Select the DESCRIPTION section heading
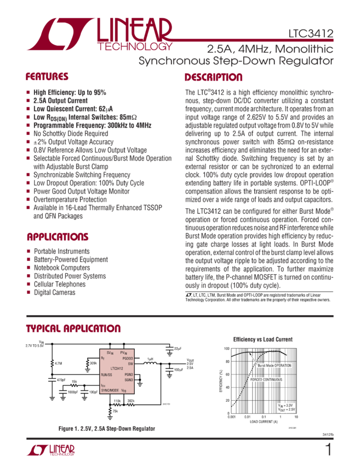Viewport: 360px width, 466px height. pos(213,77)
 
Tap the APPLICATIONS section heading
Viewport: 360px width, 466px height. pos(58,237)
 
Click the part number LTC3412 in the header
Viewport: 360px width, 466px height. pos(311,34)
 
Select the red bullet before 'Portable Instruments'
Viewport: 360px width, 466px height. pos(28,251)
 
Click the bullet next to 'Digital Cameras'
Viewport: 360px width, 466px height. pos(28,293)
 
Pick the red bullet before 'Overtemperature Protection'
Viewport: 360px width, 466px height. pos(28,200)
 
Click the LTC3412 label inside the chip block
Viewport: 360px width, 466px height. pos(117,368)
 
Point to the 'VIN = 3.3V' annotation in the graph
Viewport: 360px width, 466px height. pos(287,404)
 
